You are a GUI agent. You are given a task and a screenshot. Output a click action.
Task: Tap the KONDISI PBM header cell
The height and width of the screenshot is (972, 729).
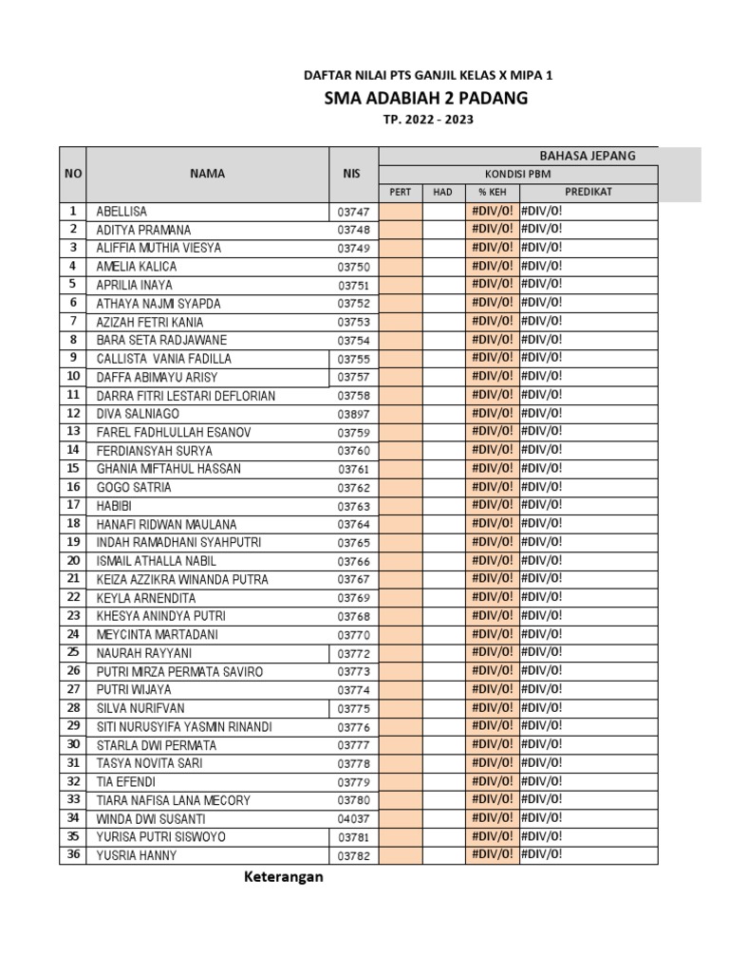pos(517,174)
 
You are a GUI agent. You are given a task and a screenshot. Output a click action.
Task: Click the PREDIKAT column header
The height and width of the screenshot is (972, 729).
pos(588,192)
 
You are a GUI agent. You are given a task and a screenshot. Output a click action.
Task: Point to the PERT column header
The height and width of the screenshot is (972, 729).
pos(401,192)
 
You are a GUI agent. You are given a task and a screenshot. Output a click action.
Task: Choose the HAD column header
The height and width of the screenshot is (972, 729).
pos(442,192)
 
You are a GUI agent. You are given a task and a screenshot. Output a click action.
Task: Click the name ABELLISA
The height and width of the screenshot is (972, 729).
pos(121,212)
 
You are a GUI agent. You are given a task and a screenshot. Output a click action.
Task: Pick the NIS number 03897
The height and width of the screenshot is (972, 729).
pos(353,414)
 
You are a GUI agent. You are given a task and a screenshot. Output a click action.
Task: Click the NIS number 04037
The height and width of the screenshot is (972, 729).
pos(353,819)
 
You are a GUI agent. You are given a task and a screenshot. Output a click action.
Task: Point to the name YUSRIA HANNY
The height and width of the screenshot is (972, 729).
pos(137,855)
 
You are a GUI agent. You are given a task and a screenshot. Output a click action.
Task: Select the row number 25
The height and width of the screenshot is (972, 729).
pos(72,652)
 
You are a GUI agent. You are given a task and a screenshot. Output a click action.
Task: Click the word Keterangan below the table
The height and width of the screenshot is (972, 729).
pos(282,877)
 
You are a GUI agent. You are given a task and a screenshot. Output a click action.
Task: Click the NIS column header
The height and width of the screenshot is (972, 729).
pos(352,174)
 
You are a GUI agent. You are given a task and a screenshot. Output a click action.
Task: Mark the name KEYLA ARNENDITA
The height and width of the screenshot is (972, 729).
pos(146,598)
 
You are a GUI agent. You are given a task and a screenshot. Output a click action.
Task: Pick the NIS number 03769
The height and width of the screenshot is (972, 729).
pos(353,598)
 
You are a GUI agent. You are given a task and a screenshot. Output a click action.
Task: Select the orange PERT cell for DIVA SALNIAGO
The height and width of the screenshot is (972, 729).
pos(401,413)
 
